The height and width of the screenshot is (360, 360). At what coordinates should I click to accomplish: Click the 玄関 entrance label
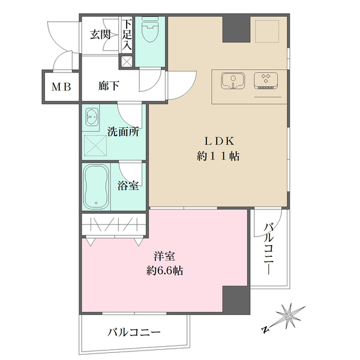pyautogui.click(x=101, y=34)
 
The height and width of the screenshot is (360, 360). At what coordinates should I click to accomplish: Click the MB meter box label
pyautogui.click(x=61, y=86)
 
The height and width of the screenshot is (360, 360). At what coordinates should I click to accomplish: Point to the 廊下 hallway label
pyautogui.click(x=109, y=86)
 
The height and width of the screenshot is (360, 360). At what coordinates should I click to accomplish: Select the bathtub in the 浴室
pyautogui.click(x=96, y=187)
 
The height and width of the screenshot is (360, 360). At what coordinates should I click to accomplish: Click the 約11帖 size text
pyautogui.click(x=220, y=157)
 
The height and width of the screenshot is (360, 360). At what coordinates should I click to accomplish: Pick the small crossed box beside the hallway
pyautogui.click(x=127, y=61)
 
